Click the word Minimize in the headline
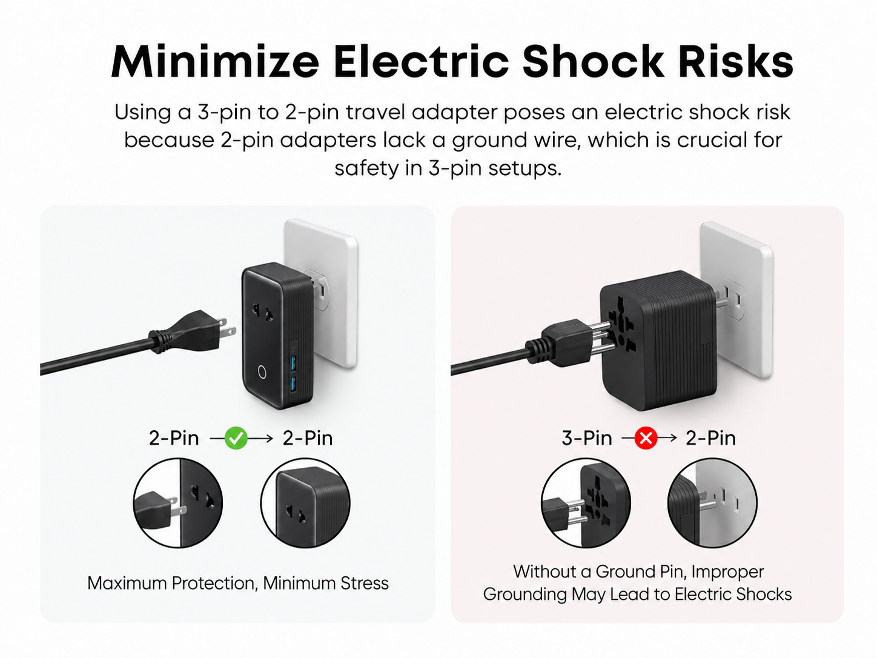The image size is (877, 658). tap(215, 61)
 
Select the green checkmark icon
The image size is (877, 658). tap(236, 438)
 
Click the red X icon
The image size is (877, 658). tap(646, 438)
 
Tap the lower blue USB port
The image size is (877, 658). tap(293, 384)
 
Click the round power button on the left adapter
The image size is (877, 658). tap(262, 372)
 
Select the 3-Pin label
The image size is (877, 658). tap(586, 438)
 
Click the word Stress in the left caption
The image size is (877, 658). tap(365, 583)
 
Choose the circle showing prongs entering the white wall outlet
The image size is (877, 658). tap(712, 503)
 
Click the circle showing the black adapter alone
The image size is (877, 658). tap(305, 503)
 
